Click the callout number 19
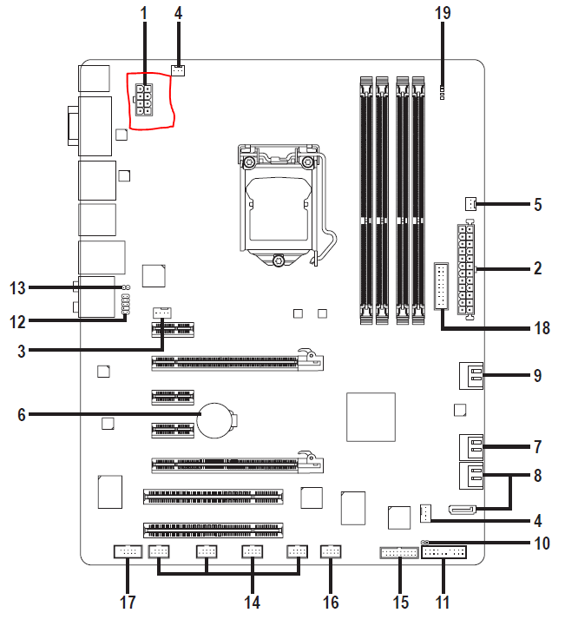(443, 13)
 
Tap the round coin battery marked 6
(216, 420)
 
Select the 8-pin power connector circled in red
(144, 100)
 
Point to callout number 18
(542, 328)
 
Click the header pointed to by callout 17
(128, 551)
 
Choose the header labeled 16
(331, 551)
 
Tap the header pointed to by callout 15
(399, 553)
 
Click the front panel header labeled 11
(443, 552)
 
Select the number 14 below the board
(253, 603)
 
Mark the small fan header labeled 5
(470, 204)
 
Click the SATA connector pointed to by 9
(471, 376)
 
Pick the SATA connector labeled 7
(471, 447)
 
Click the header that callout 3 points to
(162, 313)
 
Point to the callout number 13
(17, 288)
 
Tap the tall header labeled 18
(441, 286)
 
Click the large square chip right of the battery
(371, 418)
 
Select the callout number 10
(542, 544)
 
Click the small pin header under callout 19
(442, 92)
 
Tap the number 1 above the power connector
(144, 13)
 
